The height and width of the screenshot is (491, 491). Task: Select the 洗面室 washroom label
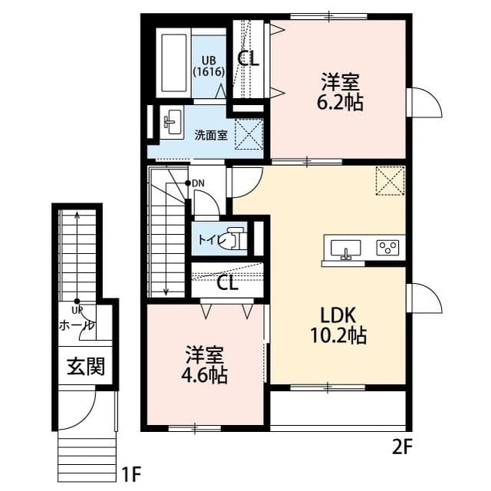tap(210, 135)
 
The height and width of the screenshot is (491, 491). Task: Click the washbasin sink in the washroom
tap(170, 122)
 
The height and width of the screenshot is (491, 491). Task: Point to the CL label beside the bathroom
tap(248, 58)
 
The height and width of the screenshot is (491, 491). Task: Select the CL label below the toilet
tap(227, 283)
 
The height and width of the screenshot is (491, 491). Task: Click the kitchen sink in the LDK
tap(346, 248)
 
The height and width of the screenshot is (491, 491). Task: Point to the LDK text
tap(338, 314)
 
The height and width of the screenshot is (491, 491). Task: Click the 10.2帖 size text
tap(338, 334)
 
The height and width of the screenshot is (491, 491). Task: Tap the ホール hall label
tap(76, 325)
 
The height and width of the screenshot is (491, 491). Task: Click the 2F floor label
tap(404, 447)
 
